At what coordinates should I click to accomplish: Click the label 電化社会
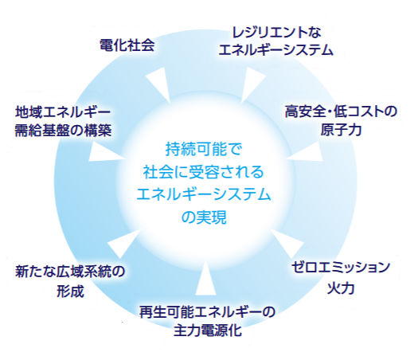[127, 45]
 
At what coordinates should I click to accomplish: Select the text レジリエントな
[276, 33]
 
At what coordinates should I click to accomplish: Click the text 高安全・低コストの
[341, 112]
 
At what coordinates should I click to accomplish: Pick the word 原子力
[341, 130]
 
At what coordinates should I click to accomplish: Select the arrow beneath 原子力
[304, 152]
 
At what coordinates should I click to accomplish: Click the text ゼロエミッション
[341, 268]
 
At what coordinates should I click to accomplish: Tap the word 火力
[341, 288]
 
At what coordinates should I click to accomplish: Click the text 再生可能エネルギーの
[207, 312]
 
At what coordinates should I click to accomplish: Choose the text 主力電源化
[208, 331]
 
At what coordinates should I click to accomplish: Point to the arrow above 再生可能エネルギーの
[205, 278]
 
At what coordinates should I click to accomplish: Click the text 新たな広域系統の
[70, 272]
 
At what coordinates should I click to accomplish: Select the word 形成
[70, 291]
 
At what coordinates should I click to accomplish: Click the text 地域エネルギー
[63, 112]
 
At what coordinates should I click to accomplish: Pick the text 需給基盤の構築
[63, 131]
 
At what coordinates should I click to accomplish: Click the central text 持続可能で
[204, 149]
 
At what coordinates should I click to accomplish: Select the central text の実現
[204, 217]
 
